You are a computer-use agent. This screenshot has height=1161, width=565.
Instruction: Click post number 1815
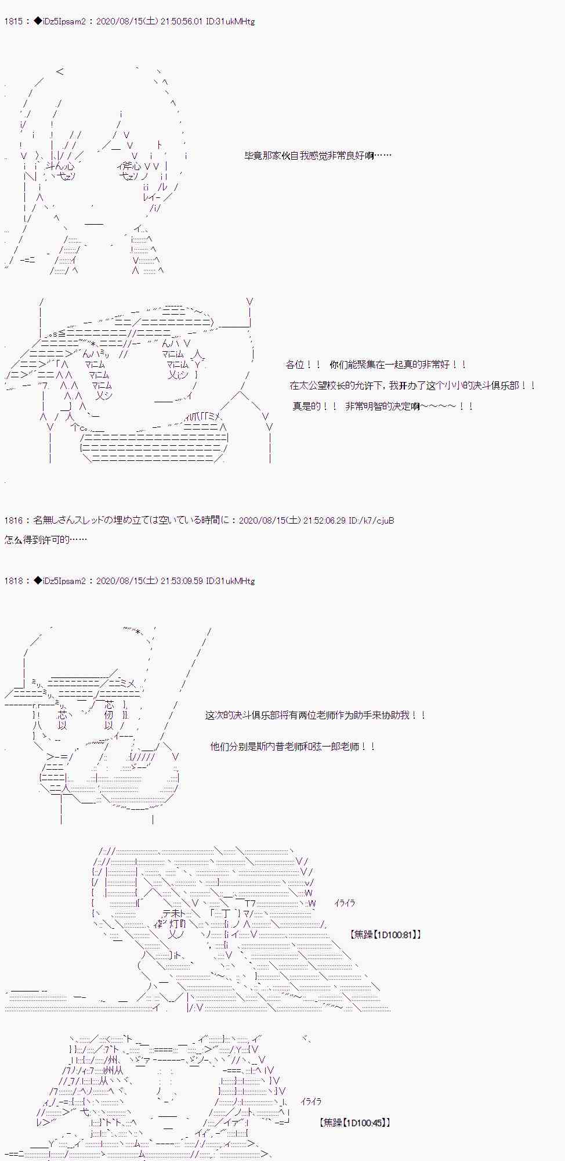[13, 21]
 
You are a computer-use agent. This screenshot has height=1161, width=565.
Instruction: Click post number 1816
[13, 521]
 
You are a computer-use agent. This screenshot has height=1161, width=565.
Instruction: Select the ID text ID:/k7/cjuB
[371, 521]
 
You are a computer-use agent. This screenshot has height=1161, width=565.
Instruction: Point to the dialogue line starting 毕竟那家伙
[318, 156]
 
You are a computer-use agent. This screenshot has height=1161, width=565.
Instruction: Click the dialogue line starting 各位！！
[376, 365]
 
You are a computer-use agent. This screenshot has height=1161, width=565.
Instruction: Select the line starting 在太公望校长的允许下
[412, 385]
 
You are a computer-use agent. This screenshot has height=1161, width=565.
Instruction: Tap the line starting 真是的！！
[383, 406]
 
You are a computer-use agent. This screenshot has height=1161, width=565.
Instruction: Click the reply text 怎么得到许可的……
[46, 540]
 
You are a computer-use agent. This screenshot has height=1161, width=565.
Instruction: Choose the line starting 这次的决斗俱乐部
[316, 715]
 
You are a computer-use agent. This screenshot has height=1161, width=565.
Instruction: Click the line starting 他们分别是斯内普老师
[292, 747]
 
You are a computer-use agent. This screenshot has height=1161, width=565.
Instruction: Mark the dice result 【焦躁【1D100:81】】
[386, 935]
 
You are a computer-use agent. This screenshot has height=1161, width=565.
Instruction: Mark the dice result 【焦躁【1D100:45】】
[354, 1123]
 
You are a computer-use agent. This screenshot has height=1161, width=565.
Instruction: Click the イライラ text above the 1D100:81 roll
[345, 903]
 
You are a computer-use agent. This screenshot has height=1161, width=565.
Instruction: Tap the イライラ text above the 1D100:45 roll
[311, 1102]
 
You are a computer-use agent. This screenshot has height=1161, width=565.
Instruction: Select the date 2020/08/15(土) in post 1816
[269, 521]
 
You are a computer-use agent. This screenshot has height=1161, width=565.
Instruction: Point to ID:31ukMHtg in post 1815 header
[230, 21]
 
